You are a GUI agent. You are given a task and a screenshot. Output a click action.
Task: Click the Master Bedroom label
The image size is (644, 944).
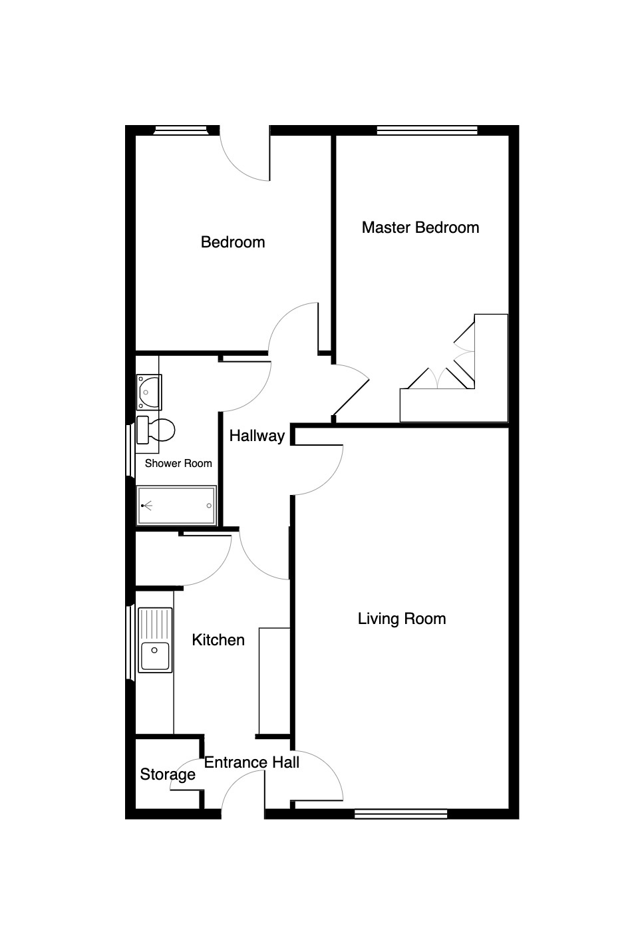coord(420,228)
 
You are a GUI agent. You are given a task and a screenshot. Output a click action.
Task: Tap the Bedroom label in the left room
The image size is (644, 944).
coord(233,242)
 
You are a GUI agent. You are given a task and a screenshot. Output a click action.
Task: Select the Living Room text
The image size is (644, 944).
coord(402,619)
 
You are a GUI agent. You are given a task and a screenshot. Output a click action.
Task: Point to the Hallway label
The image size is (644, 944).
coord(257,436)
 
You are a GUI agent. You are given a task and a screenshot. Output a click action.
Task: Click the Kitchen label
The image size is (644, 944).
coord(218,640)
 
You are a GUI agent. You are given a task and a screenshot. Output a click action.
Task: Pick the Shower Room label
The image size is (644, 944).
coord(178,464)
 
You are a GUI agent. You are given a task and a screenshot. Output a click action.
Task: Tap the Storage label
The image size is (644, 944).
coord(168,774)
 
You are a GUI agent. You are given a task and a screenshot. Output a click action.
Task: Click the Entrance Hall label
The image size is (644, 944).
coord(251,762)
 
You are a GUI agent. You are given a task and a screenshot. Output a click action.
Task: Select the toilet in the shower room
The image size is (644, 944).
coord(156,430)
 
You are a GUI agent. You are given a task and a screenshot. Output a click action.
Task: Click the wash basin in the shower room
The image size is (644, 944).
coord(149,393)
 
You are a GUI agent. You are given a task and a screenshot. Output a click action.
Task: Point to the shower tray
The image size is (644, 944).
coord(176,506)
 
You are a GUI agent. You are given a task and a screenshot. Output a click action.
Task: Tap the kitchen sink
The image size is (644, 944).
coord(155,640)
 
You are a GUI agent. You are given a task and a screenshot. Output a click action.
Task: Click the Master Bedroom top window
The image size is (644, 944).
coord(427,130)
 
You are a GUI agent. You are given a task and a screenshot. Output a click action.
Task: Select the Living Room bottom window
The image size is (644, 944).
coord(401,814)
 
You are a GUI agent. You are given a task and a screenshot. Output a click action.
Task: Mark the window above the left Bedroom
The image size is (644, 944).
coord(180,130)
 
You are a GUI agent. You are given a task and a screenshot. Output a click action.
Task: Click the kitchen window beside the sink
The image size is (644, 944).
coord(130,643)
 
